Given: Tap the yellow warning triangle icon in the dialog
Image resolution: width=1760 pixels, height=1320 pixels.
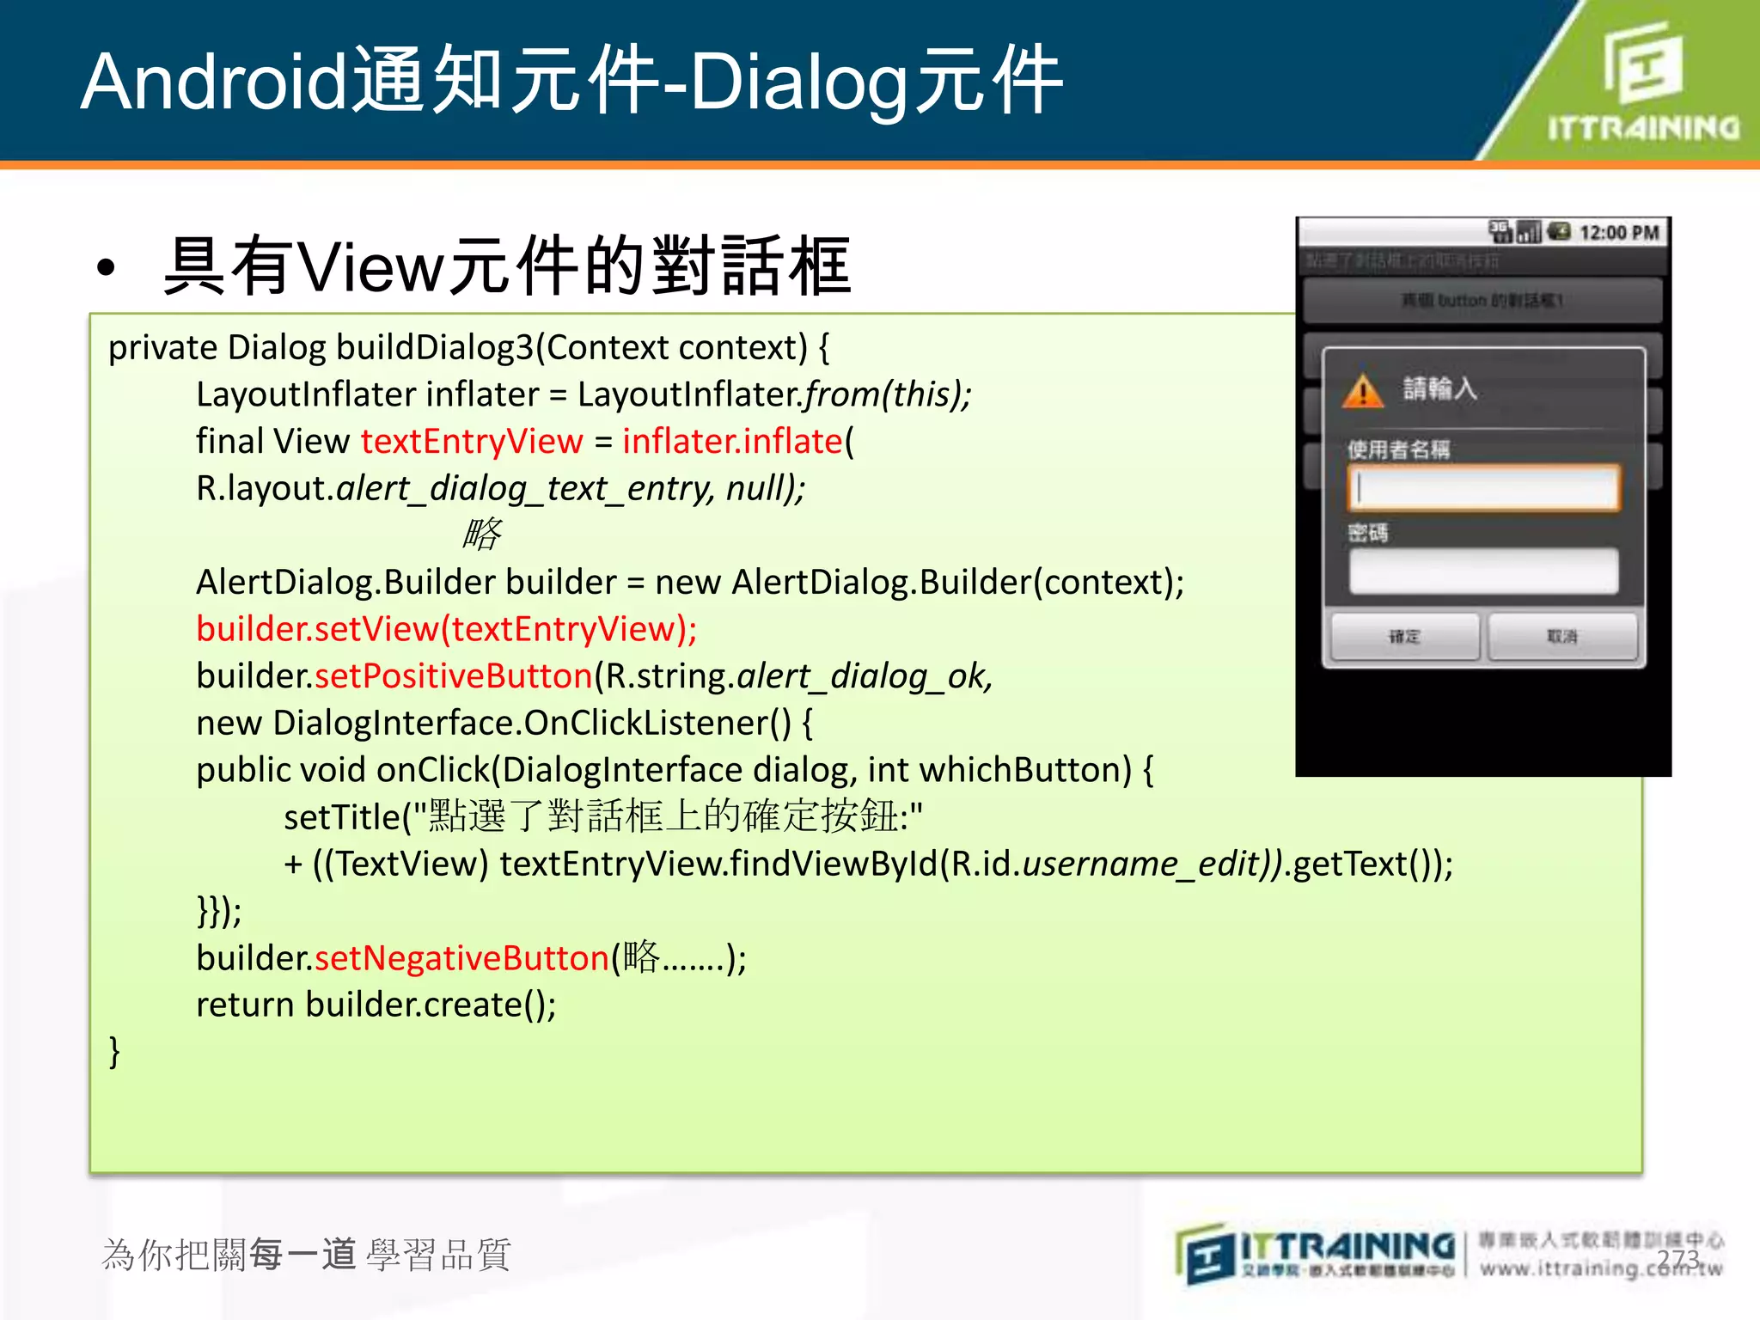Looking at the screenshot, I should (1363, 391).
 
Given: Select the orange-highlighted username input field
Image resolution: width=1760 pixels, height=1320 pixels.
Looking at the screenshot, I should (1483, 488).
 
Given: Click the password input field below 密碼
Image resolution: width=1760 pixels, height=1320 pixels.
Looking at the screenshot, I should (1483, 571).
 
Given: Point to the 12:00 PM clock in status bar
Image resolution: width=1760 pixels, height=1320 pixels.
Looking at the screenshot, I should (1619, 233).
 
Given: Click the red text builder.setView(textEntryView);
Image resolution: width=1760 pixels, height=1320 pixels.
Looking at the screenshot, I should (446, 629).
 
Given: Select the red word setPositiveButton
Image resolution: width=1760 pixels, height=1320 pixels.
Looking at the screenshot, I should (454, 676).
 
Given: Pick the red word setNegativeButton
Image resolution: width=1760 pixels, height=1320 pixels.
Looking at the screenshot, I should (461, 958).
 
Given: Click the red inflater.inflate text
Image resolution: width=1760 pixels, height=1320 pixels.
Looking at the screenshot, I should (732, 442).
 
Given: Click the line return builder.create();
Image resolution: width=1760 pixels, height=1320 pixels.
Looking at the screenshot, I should (376, 1005).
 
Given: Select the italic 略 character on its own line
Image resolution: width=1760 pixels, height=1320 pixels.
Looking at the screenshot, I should (482, 535).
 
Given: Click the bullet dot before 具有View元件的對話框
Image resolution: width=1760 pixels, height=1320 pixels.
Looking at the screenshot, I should (106, 268).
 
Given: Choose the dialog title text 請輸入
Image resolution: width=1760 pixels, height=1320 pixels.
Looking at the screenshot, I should (1439, 389).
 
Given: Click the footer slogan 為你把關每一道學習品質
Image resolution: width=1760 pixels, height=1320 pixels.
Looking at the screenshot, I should (306, 1255).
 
